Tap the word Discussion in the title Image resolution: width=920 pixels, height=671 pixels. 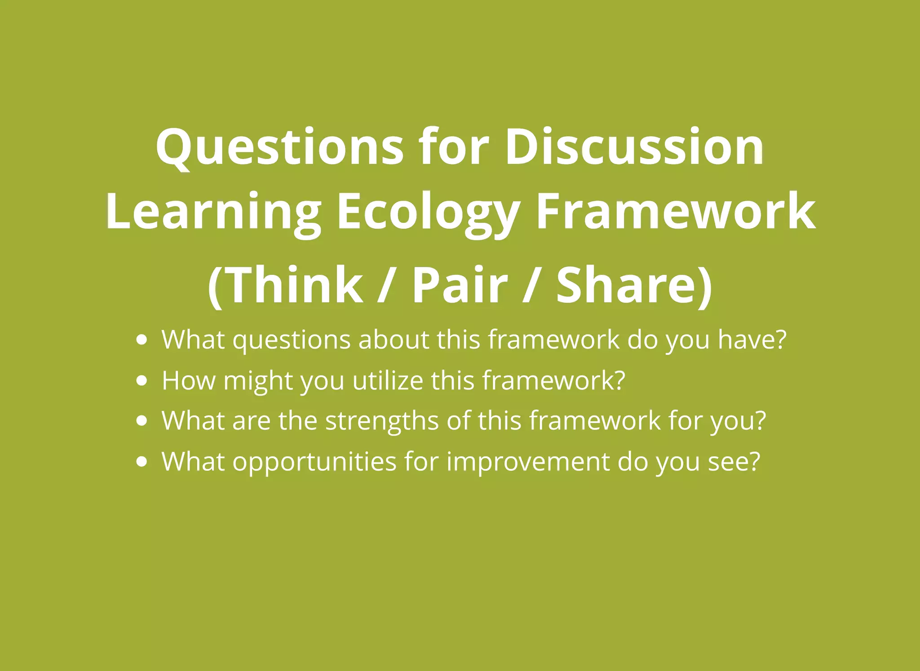point(634,147)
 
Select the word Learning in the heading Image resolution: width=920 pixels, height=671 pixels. point(214,211)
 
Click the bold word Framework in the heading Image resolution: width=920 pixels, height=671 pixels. point(676,211)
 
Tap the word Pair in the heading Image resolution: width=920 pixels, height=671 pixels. point(460,285)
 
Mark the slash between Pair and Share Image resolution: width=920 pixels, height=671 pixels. point(532,285)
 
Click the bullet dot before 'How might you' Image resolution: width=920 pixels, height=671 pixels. point(142,380)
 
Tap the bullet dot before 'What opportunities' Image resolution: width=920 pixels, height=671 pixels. point(142,461)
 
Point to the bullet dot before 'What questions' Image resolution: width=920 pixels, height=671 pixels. point(142,340)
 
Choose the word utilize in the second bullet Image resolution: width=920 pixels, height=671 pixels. point(388,380)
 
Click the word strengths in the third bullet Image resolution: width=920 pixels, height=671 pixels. point(382,421)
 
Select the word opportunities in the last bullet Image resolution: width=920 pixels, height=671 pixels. point(314,461)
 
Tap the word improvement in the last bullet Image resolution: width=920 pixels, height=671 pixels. point(528,461)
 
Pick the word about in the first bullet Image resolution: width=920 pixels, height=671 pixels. point(394,340)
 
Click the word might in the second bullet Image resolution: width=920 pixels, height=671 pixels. point(258,380)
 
